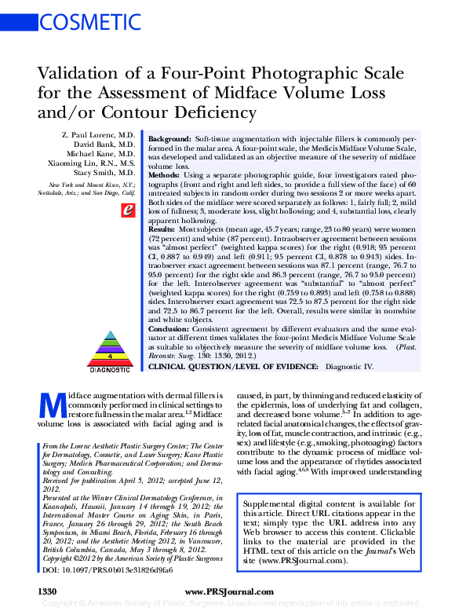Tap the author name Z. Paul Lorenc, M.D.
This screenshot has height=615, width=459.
point(98,136)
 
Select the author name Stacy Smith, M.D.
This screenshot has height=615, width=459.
point(104,170)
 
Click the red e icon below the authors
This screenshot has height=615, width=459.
point(124,210)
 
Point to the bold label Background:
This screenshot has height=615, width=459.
point(169,137)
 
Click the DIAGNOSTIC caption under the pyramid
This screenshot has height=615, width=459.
point(109,368)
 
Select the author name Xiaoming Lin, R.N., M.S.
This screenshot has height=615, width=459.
point(93,162)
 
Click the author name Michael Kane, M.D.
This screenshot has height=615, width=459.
point(101,153)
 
